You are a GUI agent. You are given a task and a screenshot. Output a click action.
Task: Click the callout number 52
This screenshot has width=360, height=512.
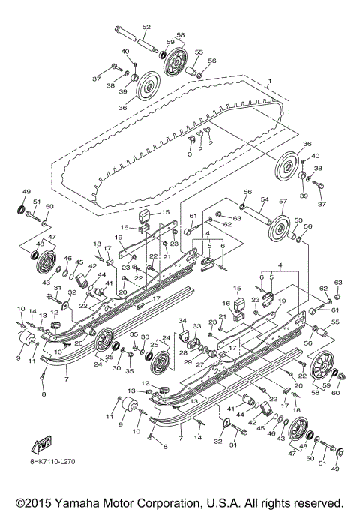(145, 28)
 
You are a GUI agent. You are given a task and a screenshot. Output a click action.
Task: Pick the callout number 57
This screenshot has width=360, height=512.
(283, 202)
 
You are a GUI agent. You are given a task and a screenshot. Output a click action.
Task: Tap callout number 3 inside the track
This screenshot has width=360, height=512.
(190, 154)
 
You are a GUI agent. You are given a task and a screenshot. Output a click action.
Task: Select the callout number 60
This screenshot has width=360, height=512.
(335, 392)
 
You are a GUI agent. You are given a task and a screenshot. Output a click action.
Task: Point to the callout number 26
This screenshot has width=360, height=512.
(77, 344)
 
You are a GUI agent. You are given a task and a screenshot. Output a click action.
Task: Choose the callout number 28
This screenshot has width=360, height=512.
(182, 352)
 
